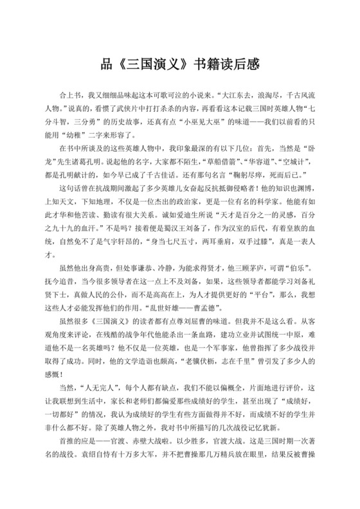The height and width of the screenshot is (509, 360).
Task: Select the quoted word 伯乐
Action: (298, 301)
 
